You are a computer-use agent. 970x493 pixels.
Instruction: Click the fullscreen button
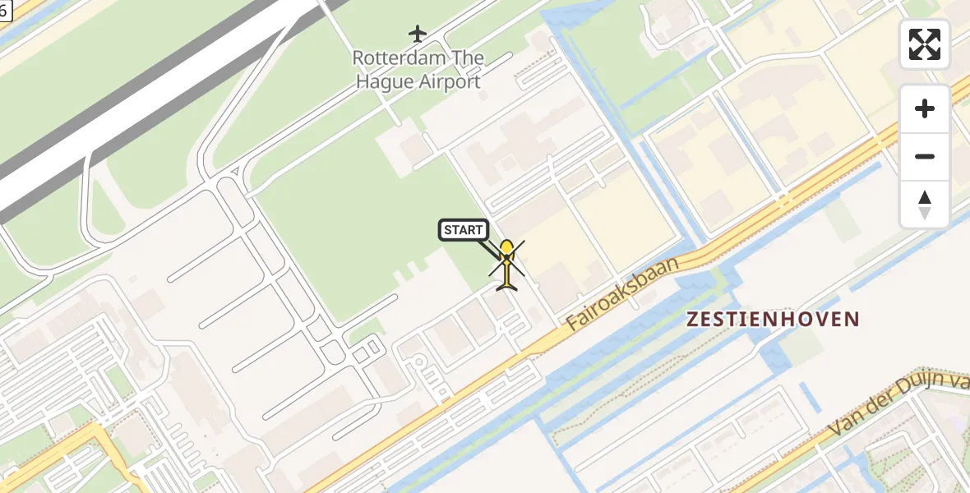coord(925,44)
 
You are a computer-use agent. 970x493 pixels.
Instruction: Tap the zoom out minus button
coord(925,156)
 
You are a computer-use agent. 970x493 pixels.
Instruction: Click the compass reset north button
coord(925,204)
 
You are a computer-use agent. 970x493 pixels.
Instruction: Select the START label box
coord(464,230)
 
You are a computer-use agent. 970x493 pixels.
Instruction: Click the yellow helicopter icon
coord(507,265)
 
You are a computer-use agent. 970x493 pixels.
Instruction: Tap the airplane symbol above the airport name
coord(418,34)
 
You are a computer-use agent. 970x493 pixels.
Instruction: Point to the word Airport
coord(450,81)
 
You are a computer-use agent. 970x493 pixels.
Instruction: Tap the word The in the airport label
coord(466,59)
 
